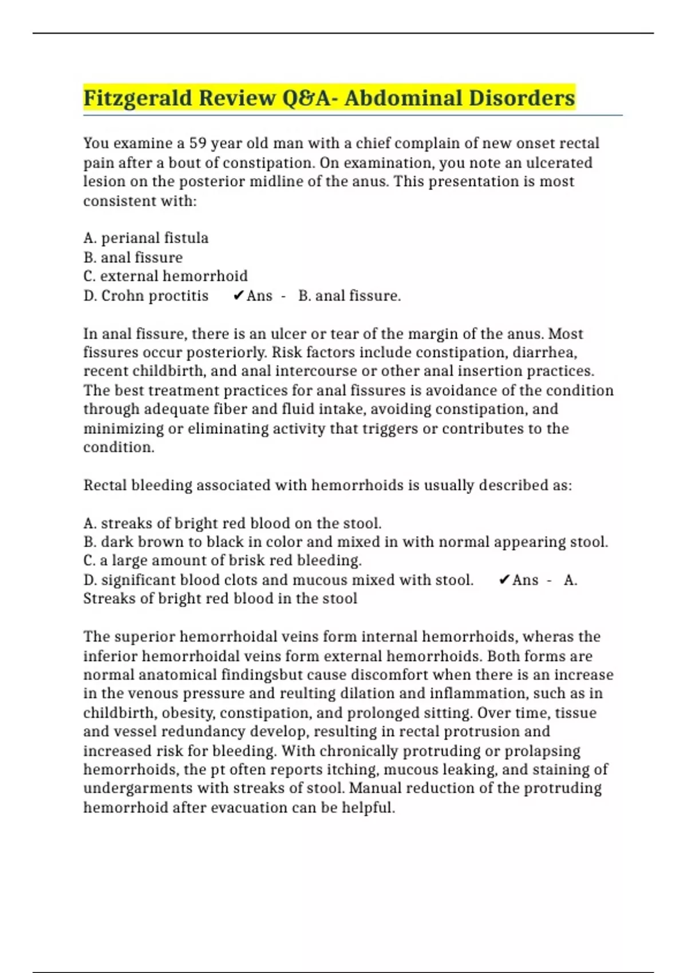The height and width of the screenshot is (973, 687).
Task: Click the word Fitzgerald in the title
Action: [x=137, y=98]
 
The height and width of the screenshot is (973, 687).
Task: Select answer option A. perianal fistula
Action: [x=146, y=238]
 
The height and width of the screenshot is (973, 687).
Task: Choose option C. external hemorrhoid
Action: [x=165, y=276]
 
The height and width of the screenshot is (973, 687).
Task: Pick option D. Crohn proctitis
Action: [x=146, y=296]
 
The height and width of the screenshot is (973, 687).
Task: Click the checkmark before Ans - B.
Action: [x=239, y=296]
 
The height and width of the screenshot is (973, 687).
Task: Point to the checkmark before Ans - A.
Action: [x=504, y=580]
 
